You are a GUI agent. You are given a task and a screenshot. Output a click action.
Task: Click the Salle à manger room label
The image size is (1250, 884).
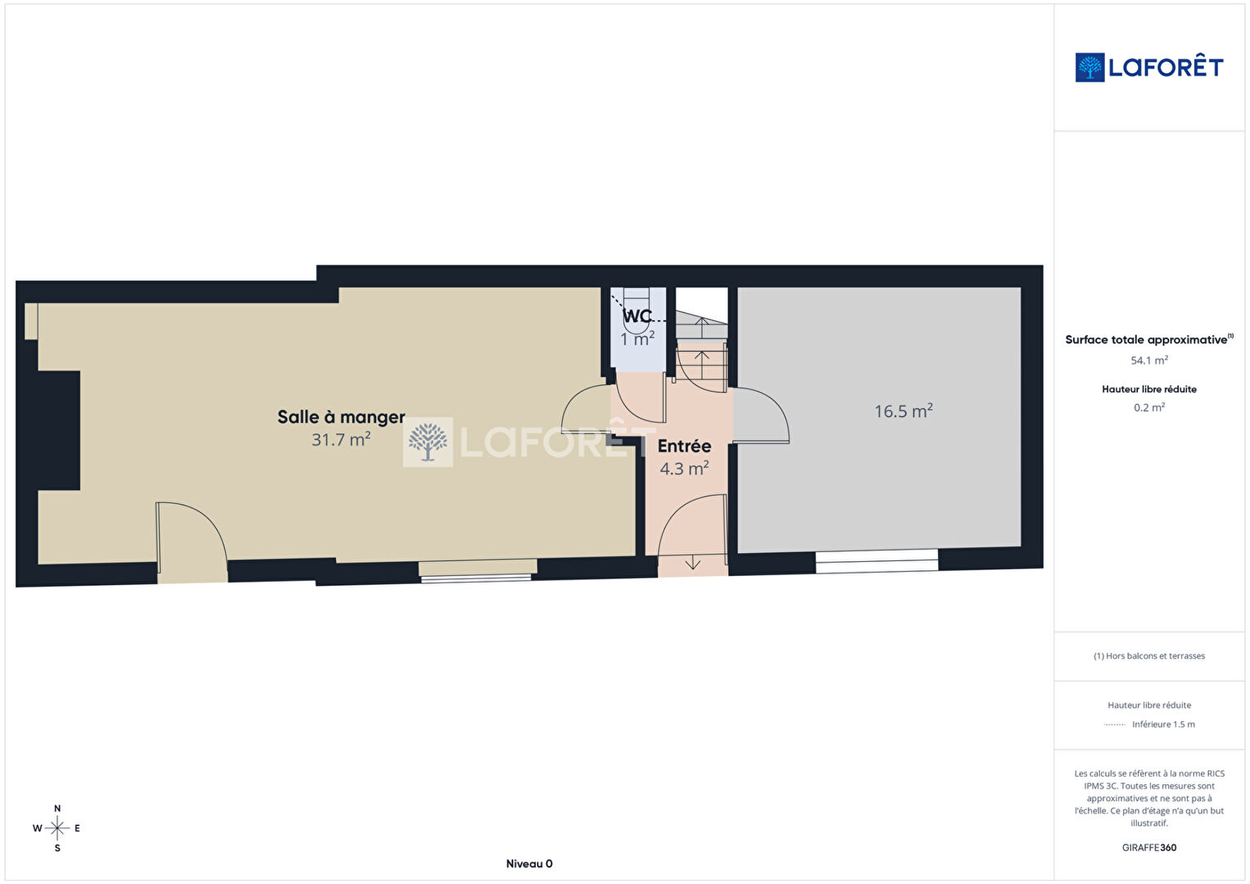click(x=341, y=417)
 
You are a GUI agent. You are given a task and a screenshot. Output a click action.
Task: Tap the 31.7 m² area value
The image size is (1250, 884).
click(x=341, y=440)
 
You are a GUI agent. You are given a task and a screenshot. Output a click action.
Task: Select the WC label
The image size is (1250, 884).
click(x=636, y=316)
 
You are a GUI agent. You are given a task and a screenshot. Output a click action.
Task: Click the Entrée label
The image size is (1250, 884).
click(x=684, y=446)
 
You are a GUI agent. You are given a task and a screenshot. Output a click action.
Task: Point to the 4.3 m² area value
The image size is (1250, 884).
click(x=684, y=469)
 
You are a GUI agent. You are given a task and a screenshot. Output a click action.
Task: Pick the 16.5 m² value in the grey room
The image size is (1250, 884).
click(x=904, y=411)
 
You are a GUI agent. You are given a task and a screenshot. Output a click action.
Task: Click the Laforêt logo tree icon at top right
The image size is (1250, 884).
click(x=1089, y=67)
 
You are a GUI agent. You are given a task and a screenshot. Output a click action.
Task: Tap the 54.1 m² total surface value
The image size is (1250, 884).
click(x=1149, y=360)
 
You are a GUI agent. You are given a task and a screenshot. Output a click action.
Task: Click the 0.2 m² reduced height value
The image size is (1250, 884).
click(x=1149, y=407)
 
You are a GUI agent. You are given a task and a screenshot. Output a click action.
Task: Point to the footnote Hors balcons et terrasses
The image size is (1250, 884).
click(x=1149, y=655)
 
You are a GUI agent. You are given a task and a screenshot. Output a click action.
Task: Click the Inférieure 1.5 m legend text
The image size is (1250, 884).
click(x=1163, y=724)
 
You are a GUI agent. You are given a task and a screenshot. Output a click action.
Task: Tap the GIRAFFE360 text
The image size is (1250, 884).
click(x=1149, y=847)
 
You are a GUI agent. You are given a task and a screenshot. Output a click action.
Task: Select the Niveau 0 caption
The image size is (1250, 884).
click(x=529, y=864)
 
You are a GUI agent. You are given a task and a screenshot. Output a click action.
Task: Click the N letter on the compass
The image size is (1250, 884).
click(x=57, y=808)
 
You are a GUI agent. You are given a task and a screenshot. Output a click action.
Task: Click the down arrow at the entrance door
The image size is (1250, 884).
click(x=692, y=562)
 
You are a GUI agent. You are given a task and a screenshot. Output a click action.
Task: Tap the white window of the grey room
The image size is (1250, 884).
click(x=876, y=561)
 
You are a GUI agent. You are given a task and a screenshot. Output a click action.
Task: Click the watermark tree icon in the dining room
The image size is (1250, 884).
click(x=428, y=442)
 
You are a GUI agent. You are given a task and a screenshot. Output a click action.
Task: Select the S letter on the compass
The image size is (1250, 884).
click(x=57, y=848)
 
